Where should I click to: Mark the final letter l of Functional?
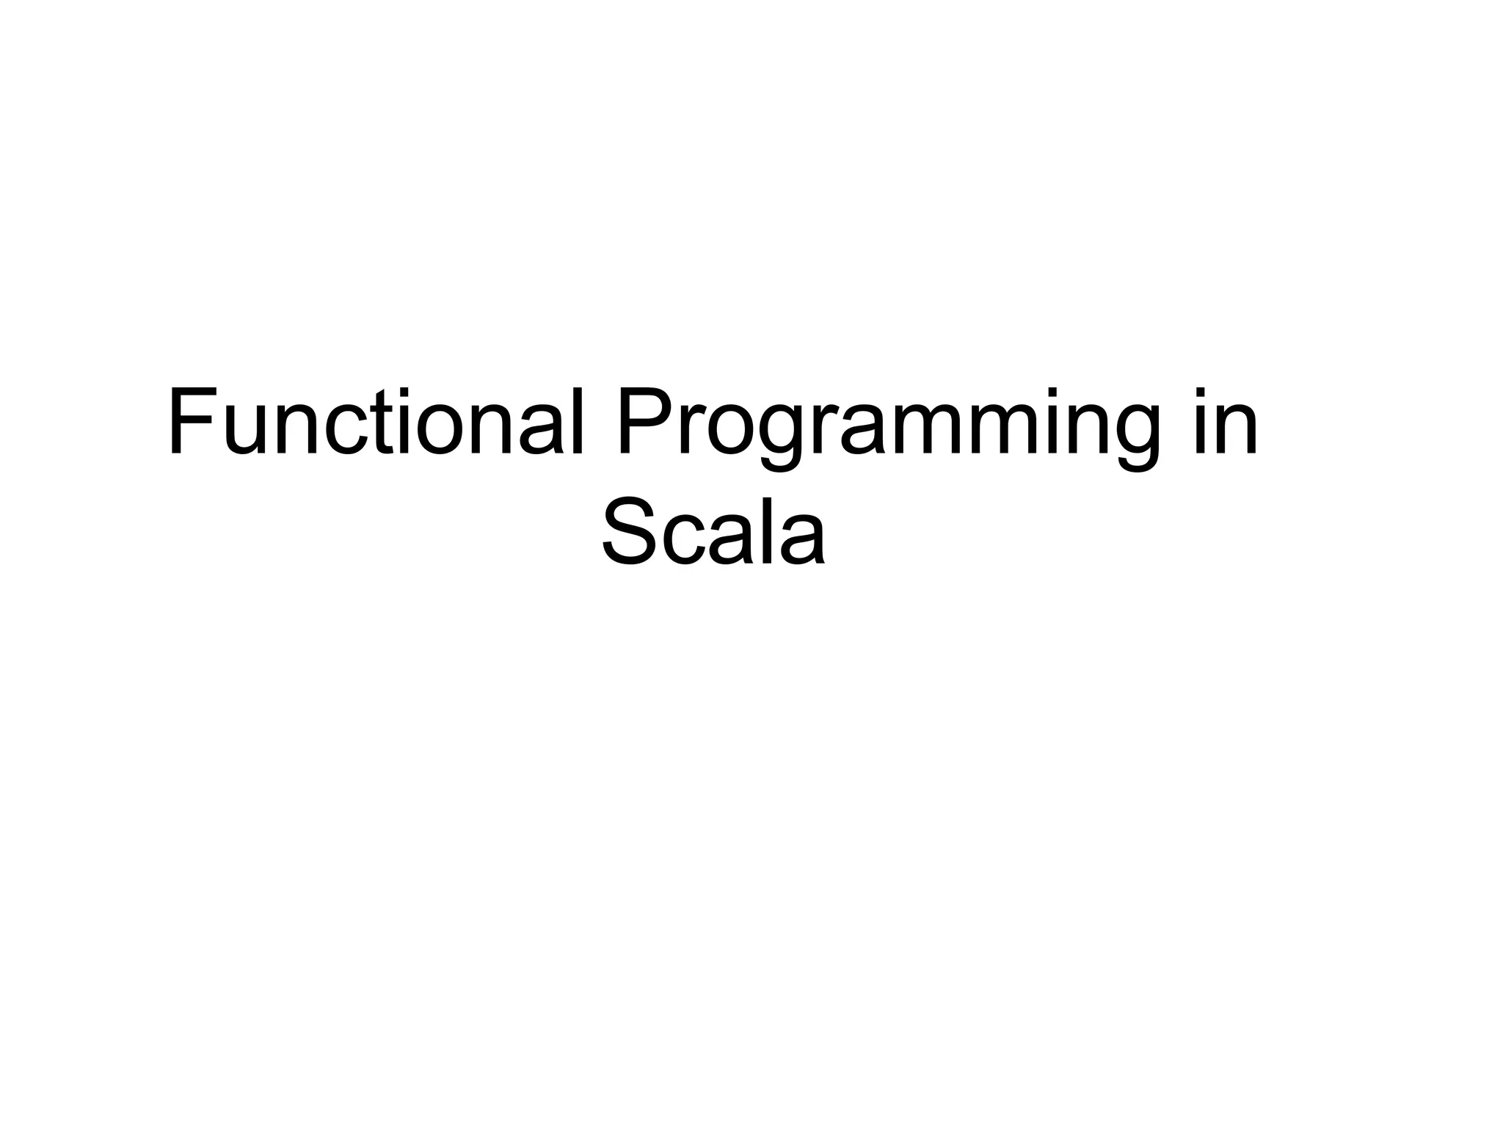[578, 423]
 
